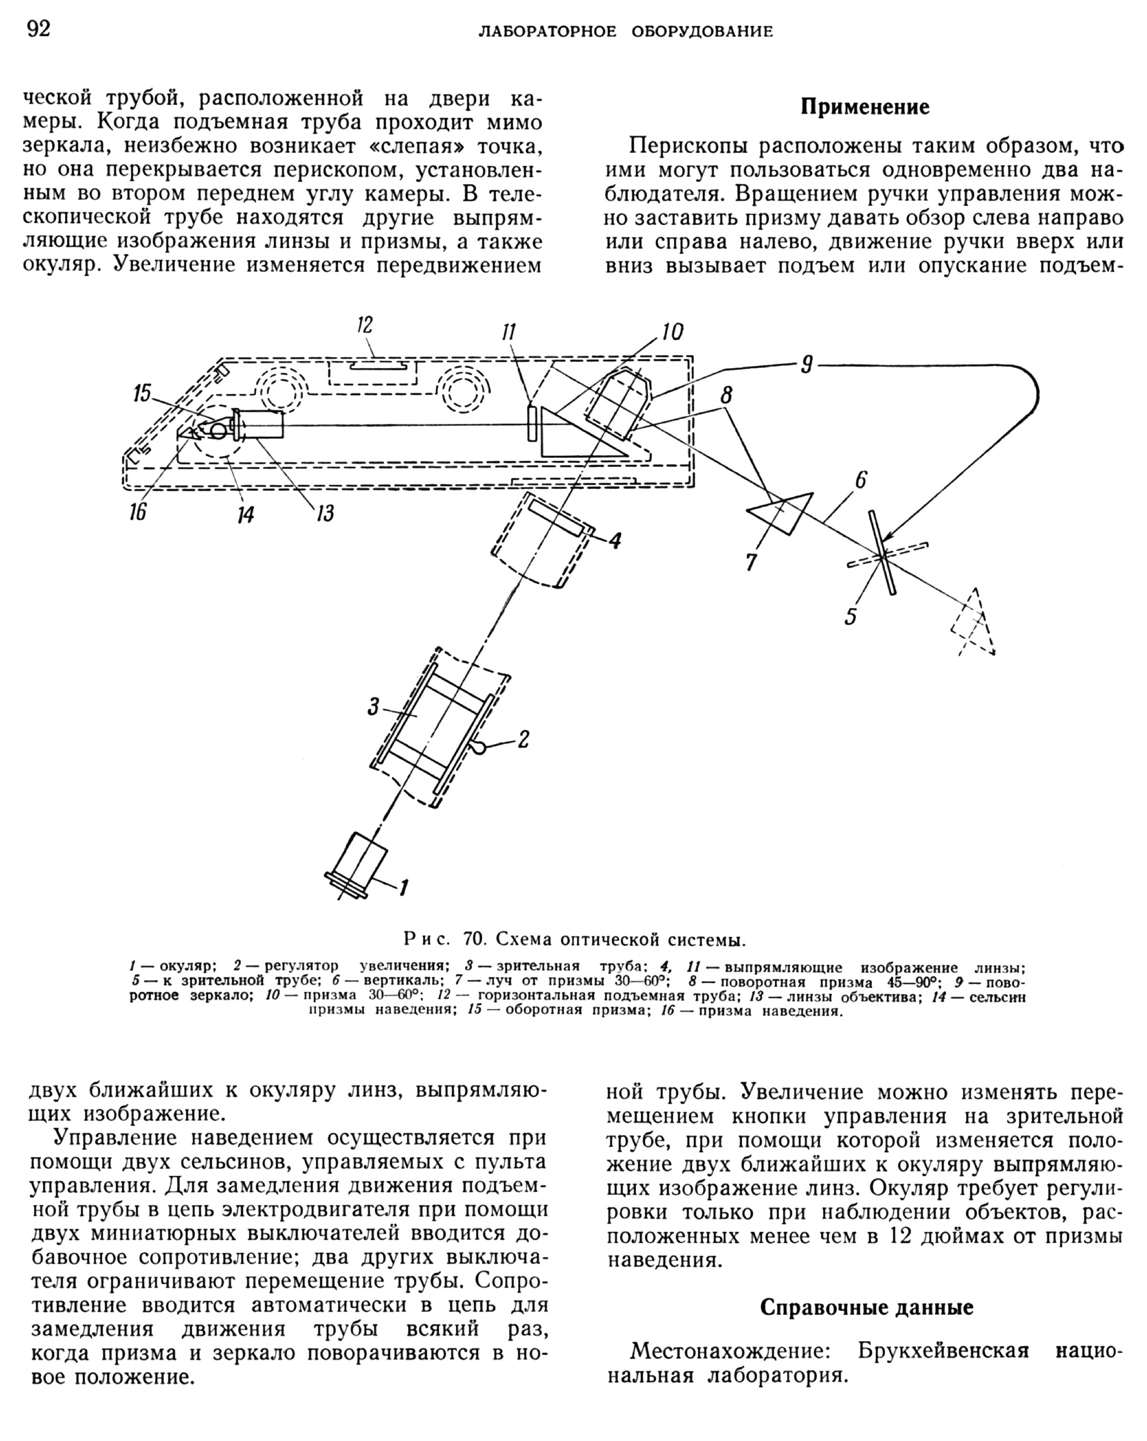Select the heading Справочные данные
point(866,1307)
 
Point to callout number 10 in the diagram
point(672,332)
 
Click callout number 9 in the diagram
point(807,366)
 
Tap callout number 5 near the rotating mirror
point(850,616)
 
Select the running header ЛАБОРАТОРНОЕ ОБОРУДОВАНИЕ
point(626,32)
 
